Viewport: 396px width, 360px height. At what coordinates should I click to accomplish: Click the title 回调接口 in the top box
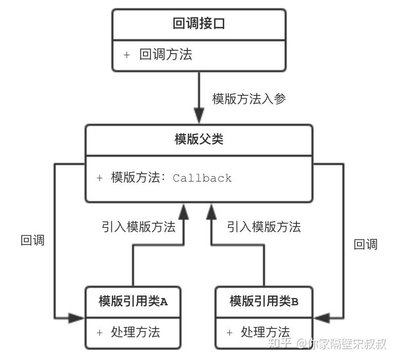click(199, 24)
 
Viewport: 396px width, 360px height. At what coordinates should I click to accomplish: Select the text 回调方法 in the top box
click(166, 55)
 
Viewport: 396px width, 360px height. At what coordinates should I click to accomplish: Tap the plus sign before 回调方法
click(127, 55)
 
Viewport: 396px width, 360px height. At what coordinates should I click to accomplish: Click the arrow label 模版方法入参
click(249, 99)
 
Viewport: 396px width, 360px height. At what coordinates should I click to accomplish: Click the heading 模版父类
click(199, 139)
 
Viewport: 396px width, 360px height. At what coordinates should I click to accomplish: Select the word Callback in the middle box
click(202, 178)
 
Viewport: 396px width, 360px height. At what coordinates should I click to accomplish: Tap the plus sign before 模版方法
click(100, 178)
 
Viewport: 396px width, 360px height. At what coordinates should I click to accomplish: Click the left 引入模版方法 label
click(138, 226)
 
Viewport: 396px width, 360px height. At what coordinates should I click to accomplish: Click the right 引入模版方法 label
click(263, 226)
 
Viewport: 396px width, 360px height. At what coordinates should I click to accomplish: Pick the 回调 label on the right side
click(366, 244)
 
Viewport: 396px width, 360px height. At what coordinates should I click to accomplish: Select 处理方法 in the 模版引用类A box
click(135, 332)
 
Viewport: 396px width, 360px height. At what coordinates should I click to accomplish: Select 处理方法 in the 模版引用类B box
click(265, 332)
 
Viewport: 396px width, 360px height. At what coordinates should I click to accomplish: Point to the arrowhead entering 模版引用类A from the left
click(77, 318)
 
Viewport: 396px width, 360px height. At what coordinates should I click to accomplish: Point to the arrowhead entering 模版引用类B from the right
click(321, 318)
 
